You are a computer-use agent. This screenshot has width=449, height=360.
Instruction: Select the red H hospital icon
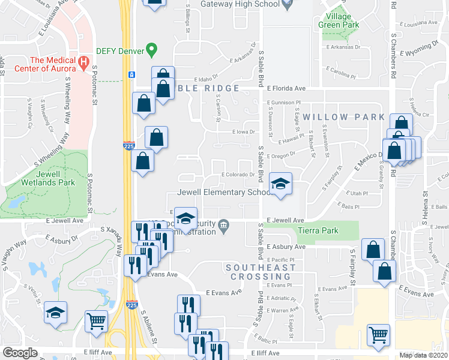(x=84, y=61)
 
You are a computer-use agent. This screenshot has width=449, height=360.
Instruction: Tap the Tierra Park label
(x=318, y=230)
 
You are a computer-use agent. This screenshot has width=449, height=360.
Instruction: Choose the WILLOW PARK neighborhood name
(x=343, y=117)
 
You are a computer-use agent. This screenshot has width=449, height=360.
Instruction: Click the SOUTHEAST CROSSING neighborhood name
(x=261, y=272)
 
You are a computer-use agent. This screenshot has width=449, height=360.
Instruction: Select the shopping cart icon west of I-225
(x=96, y=323)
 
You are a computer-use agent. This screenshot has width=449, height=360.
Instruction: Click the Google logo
(x=20, y=353)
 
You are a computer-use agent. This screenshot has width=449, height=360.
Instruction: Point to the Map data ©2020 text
(x=423, y=355)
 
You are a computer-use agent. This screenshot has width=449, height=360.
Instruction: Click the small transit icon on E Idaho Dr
(x=131, y=75)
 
